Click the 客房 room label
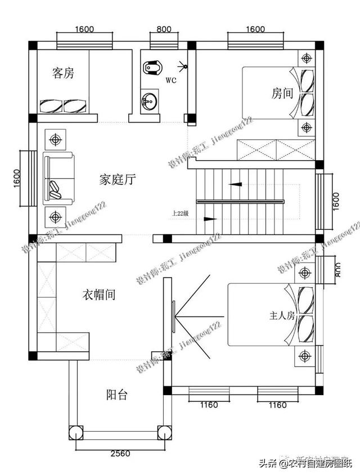[x=63, y=73]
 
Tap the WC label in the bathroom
[x=171, y=80]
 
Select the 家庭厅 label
[x=117, y=180]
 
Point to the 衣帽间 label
[x=99, y=294]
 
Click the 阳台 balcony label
[x=116, y=395]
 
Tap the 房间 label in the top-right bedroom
[x=282, y=93]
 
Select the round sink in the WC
[x=150, y=102]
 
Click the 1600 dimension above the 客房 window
[x=83, y=29]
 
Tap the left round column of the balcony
[x=75, y=433]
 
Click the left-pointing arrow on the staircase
[x=237, y=183]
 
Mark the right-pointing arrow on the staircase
[x=209, y=219]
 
